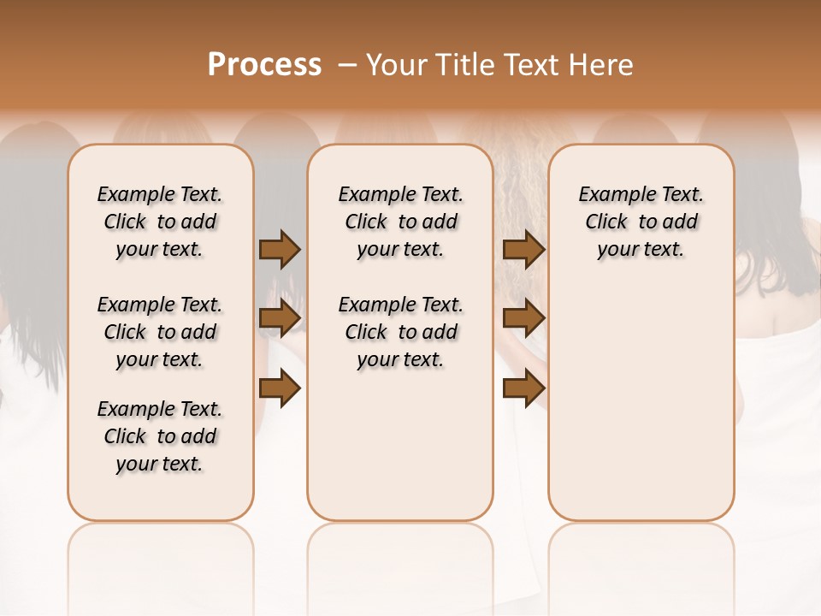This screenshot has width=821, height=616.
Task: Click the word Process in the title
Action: (264, 65)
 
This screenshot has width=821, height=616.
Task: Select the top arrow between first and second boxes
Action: (280, 249)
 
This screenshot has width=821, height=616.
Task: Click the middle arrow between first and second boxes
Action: (280, 318)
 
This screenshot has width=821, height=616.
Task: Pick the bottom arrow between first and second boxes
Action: (280, 388)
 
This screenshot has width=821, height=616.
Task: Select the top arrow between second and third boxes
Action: (523, 249)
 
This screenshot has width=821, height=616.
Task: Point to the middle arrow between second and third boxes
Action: (523, 318)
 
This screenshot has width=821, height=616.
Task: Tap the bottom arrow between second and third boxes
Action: (523, 388)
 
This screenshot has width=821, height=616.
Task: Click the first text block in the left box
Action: (160, 222)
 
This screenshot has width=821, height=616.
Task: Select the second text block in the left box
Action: (160, 332)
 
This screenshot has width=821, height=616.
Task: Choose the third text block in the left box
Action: (160, 436)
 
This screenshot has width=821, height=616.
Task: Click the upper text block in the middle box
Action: (401, 222)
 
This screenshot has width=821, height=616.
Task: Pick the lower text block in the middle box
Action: (401, 332)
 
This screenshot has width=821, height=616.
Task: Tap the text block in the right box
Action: (641, 222)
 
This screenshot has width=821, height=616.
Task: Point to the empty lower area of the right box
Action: (641, 394)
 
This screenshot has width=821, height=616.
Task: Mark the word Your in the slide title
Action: (392, 65)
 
